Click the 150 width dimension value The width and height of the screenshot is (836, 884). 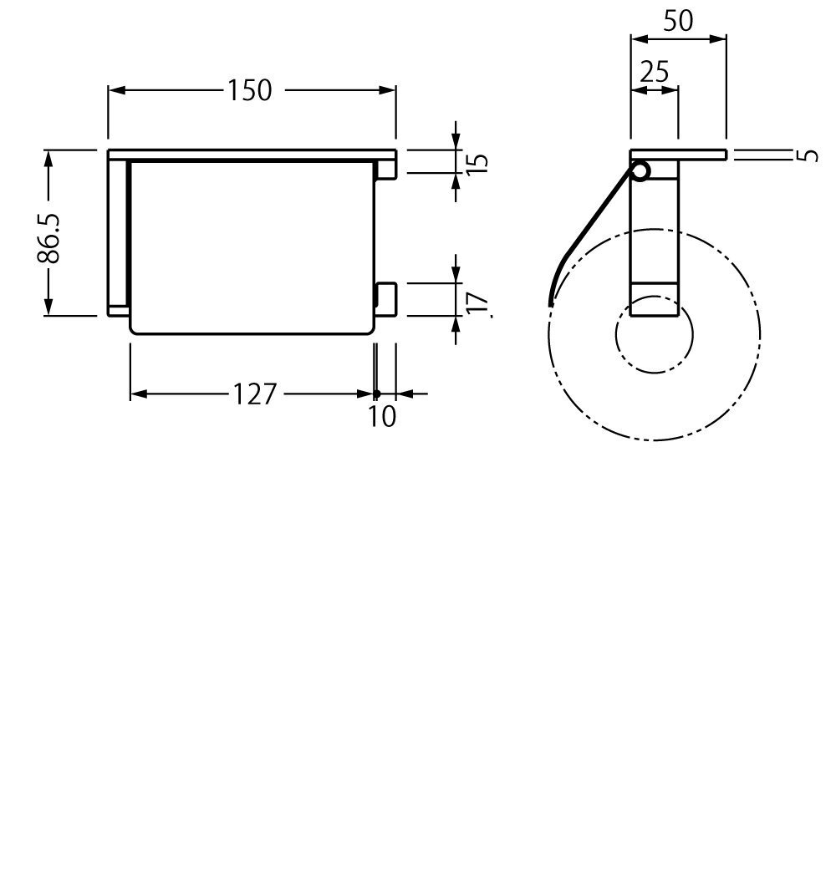[251, 90]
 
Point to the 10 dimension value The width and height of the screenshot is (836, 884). [382, 415]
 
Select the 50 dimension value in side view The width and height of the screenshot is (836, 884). [678, 21]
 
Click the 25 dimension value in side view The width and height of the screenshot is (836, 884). [655, 72]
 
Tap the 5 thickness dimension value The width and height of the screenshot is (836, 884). [807, 155]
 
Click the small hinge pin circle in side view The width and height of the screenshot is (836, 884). [640, 172]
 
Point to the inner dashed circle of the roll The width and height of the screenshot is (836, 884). [654, 334]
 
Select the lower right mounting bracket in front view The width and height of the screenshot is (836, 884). [385, 299]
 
